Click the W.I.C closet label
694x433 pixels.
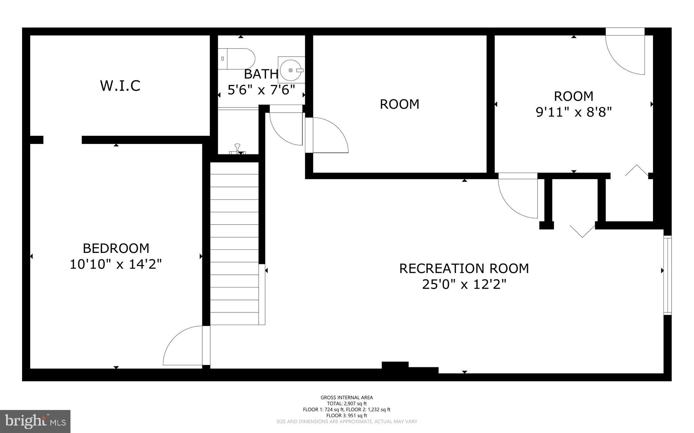pos(120,86)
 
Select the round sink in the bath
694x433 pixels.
pos(291,70)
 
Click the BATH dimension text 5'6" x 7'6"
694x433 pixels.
pos(261,90)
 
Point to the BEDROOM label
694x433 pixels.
pos(116,248)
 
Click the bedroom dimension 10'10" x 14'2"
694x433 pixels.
pos(116,264)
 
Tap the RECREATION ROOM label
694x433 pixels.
pos(464,268)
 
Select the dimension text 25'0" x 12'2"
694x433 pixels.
pos(464,284)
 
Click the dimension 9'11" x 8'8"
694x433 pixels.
pos(573,112)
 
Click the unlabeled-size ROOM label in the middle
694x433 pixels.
pos(400,104)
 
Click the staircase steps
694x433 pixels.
pos(234,244)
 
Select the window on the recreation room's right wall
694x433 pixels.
pos(667,275)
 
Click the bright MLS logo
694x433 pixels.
pos(35,421)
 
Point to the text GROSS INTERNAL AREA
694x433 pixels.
pos(347,397)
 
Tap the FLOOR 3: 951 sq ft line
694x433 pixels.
pos(347,415)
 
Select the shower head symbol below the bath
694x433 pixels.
pos(238,149)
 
